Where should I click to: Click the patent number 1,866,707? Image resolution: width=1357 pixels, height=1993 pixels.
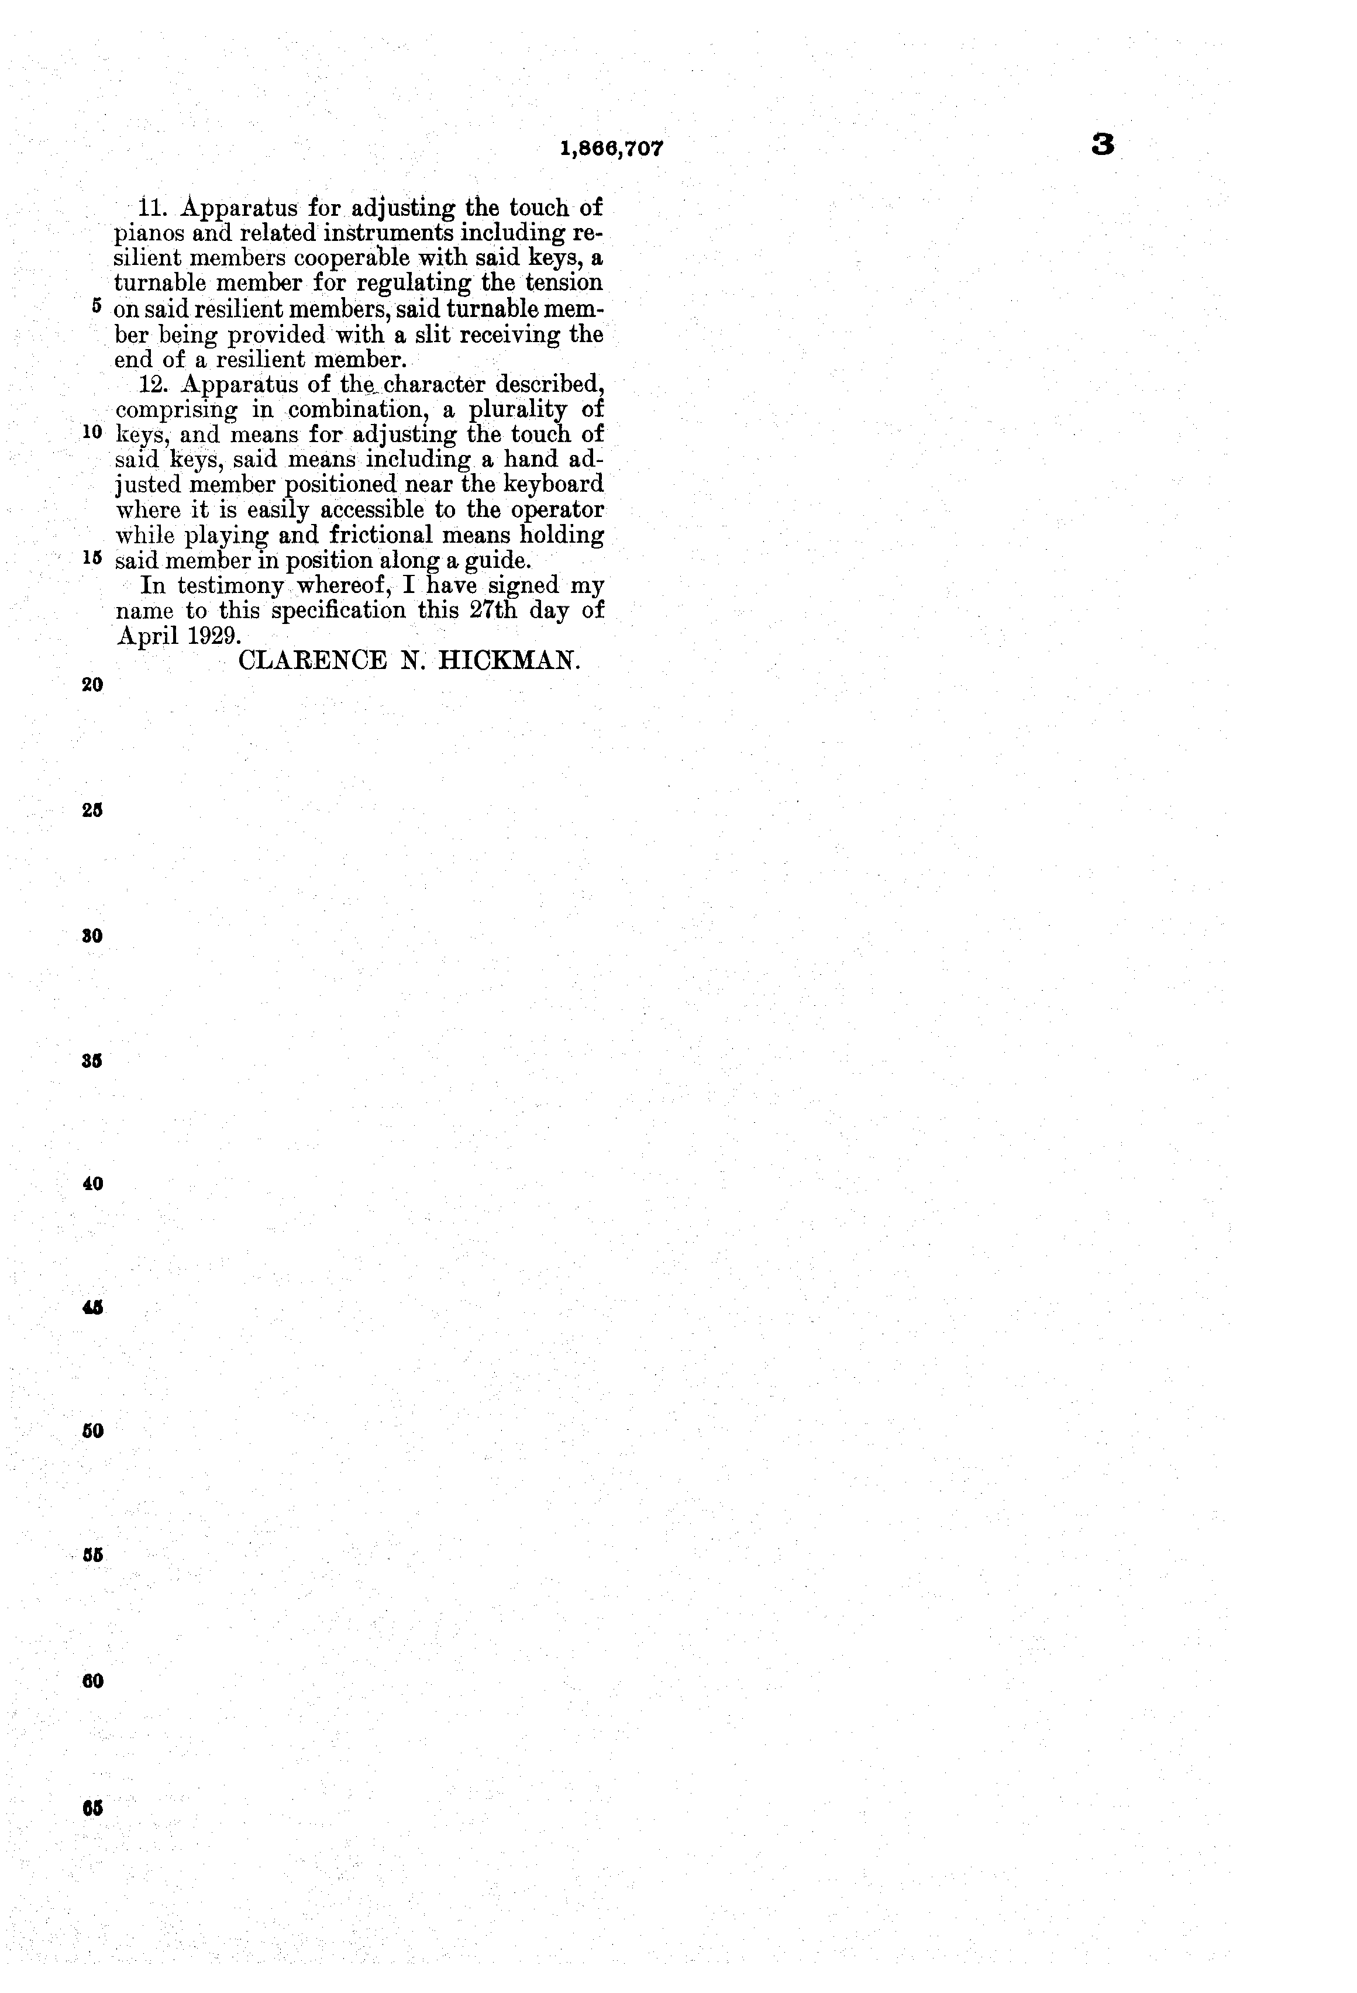pos(612,149)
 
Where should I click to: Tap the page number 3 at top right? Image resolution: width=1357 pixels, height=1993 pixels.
pos(1103,146)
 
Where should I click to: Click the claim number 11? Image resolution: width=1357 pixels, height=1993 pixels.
pos(151,208)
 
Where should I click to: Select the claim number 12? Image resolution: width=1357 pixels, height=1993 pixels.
pos(154,384)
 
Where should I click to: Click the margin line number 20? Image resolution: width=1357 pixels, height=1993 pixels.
pos(92,684)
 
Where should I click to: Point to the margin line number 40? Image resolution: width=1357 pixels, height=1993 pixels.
pos(92,1184)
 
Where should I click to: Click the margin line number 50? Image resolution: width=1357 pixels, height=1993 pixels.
pos(92,1430)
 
